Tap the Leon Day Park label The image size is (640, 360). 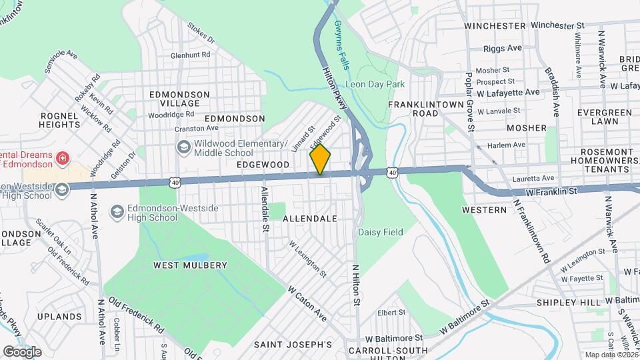375,85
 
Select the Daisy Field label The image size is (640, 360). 381,232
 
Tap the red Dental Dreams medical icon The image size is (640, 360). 61,159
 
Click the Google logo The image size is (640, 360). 22,351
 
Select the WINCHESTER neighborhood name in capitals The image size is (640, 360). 495,25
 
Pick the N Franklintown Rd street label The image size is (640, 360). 532,229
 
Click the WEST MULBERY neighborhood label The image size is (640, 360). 190,265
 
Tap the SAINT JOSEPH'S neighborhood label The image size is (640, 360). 293,345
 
